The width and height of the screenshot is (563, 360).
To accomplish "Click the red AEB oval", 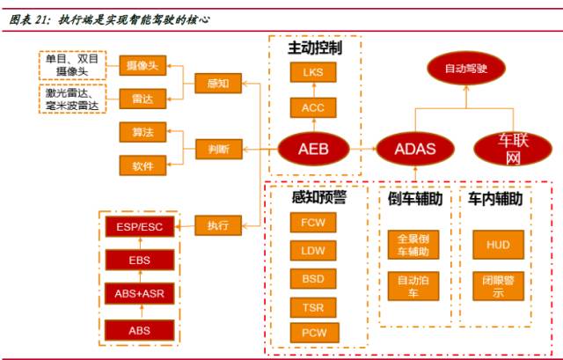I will pyautogui.click(x=313, y=150).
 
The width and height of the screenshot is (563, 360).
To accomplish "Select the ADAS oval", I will pyautogui.click(x=414, y=149).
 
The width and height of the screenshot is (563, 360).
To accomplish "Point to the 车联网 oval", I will pyautogui.click(x=511, y=148).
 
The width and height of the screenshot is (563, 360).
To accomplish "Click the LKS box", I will pyautogui.click(x=313, y=72).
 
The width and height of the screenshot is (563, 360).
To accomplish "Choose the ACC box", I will pyautogui.click(x=313, y=107).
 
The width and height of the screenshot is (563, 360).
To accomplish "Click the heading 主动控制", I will pyautogui.click(x=315, y=48).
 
